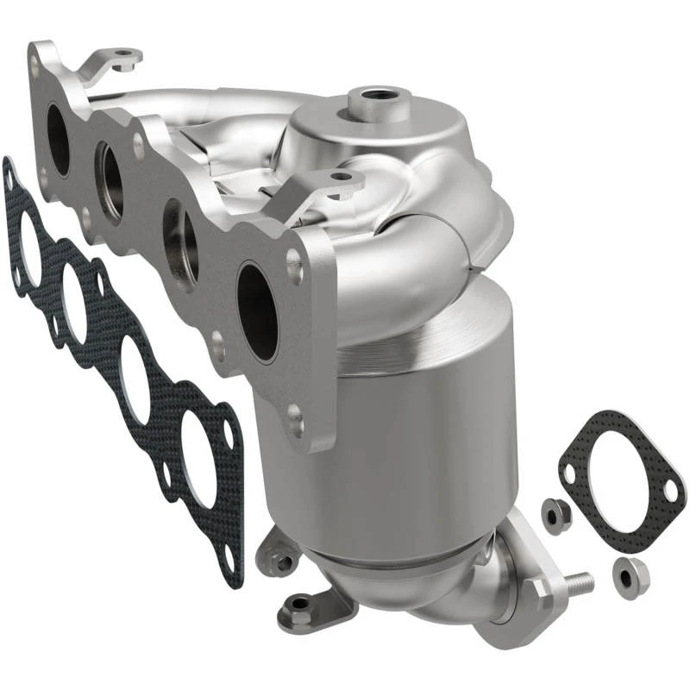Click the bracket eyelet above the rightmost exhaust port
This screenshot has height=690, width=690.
pos(342,179)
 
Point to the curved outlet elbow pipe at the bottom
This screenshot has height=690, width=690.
pos(448,604)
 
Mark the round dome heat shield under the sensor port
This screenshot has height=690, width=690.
pos(379,138)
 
